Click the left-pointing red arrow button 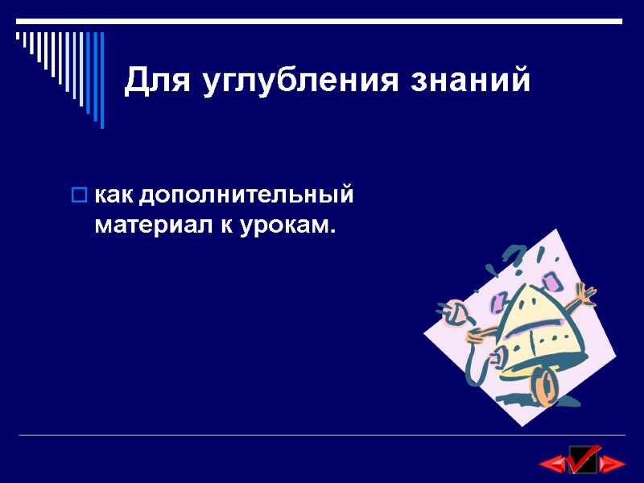coord(552,463)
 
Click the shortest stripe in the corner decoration coord(18,35)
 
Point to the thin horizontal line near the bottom coord(322,436)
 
